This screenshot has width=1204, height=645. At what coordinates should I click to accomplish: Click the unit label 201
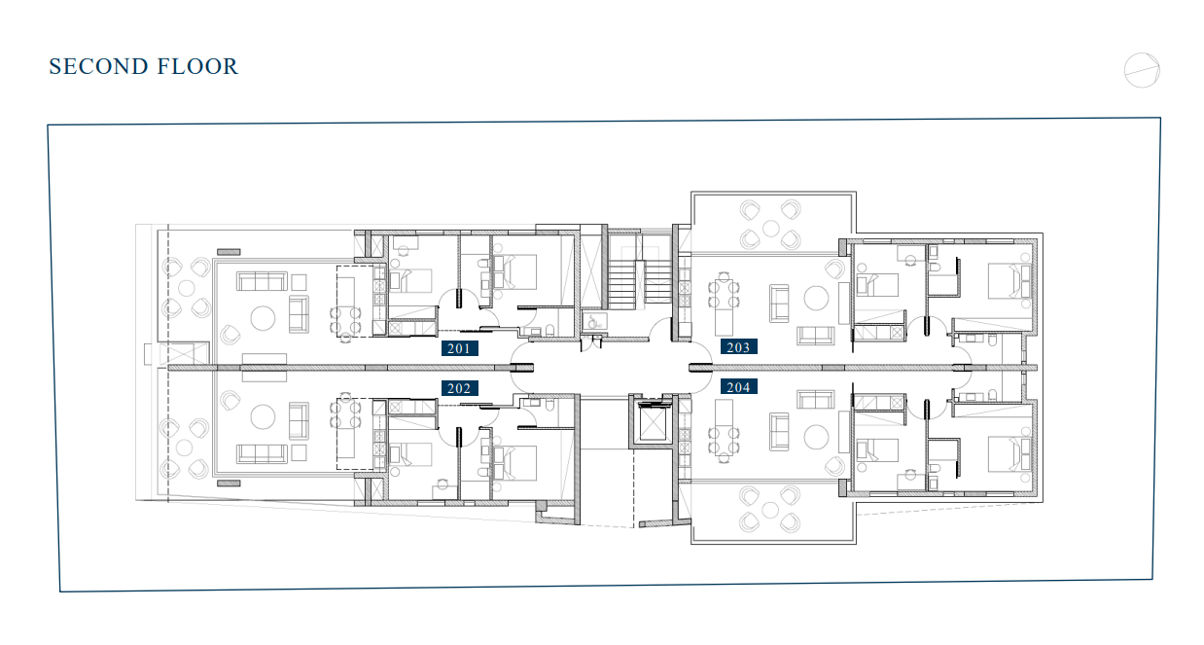(x=460, y=348)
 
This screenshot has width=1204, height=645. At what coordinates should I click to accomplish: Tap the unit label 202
(x=460, y=388)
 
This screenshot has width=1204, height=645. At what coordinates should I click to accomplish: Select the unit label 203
(x=739, y=347)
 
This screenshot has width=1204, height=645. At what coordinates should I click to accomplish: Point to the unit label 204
(x=739, y=386)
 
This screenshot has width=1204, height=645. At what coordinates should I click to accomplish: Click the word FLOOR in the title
(x=197, y=67)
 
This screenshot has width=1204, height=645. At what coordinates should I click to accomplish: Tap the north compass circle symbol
(x=1142, y=70)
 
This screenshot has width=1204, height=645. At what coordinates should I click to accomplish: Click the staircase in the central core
(x=640, y=285)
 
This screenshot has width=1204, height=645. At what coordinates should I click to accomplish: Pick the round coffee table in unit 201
(x=263, y=318)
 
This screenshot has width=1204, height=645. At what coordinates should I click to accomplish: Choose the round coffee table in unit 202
(x=263, y=417)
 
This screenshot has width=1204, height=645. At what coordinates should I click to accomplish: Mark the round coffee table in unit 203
(x=816, y=299)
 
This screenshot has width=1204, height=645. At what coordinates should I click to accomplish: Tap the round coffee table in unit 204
(x=816, y=437)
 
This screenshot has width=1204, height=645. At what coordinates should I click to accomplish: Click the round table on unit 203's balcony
(x=771, y=229)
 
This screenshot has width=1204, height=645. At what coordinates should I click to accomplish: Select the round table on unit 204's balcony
(x=771, y=510)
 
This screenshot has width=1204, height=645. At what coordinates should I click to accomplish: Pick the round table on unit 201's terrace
(x=186, y=288)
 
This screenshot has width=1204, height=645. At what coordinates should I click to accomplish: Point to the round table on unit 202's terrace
(x=184, y=448)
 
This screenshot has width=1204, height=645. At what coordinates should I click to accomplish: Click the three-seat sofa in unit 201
(x=262, y=281)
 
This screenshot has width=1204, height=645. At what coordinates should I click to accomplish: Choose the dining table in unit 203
(x=724, y=304)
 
